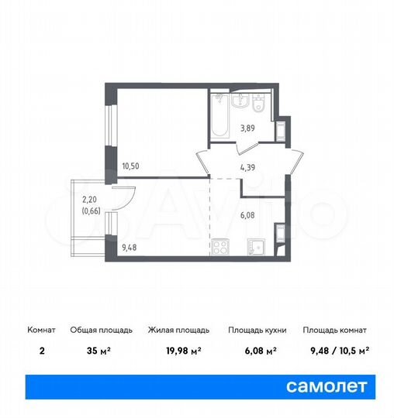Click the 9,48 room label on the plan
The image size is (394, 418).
click(x=131, y=248)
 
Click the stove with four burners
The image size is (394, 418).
click(x=219, y=248)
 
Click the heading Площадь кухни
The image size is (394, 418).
click(x=257, y=330)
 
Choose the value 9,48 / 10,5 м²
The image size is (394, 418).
click(x=335, y=350)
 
